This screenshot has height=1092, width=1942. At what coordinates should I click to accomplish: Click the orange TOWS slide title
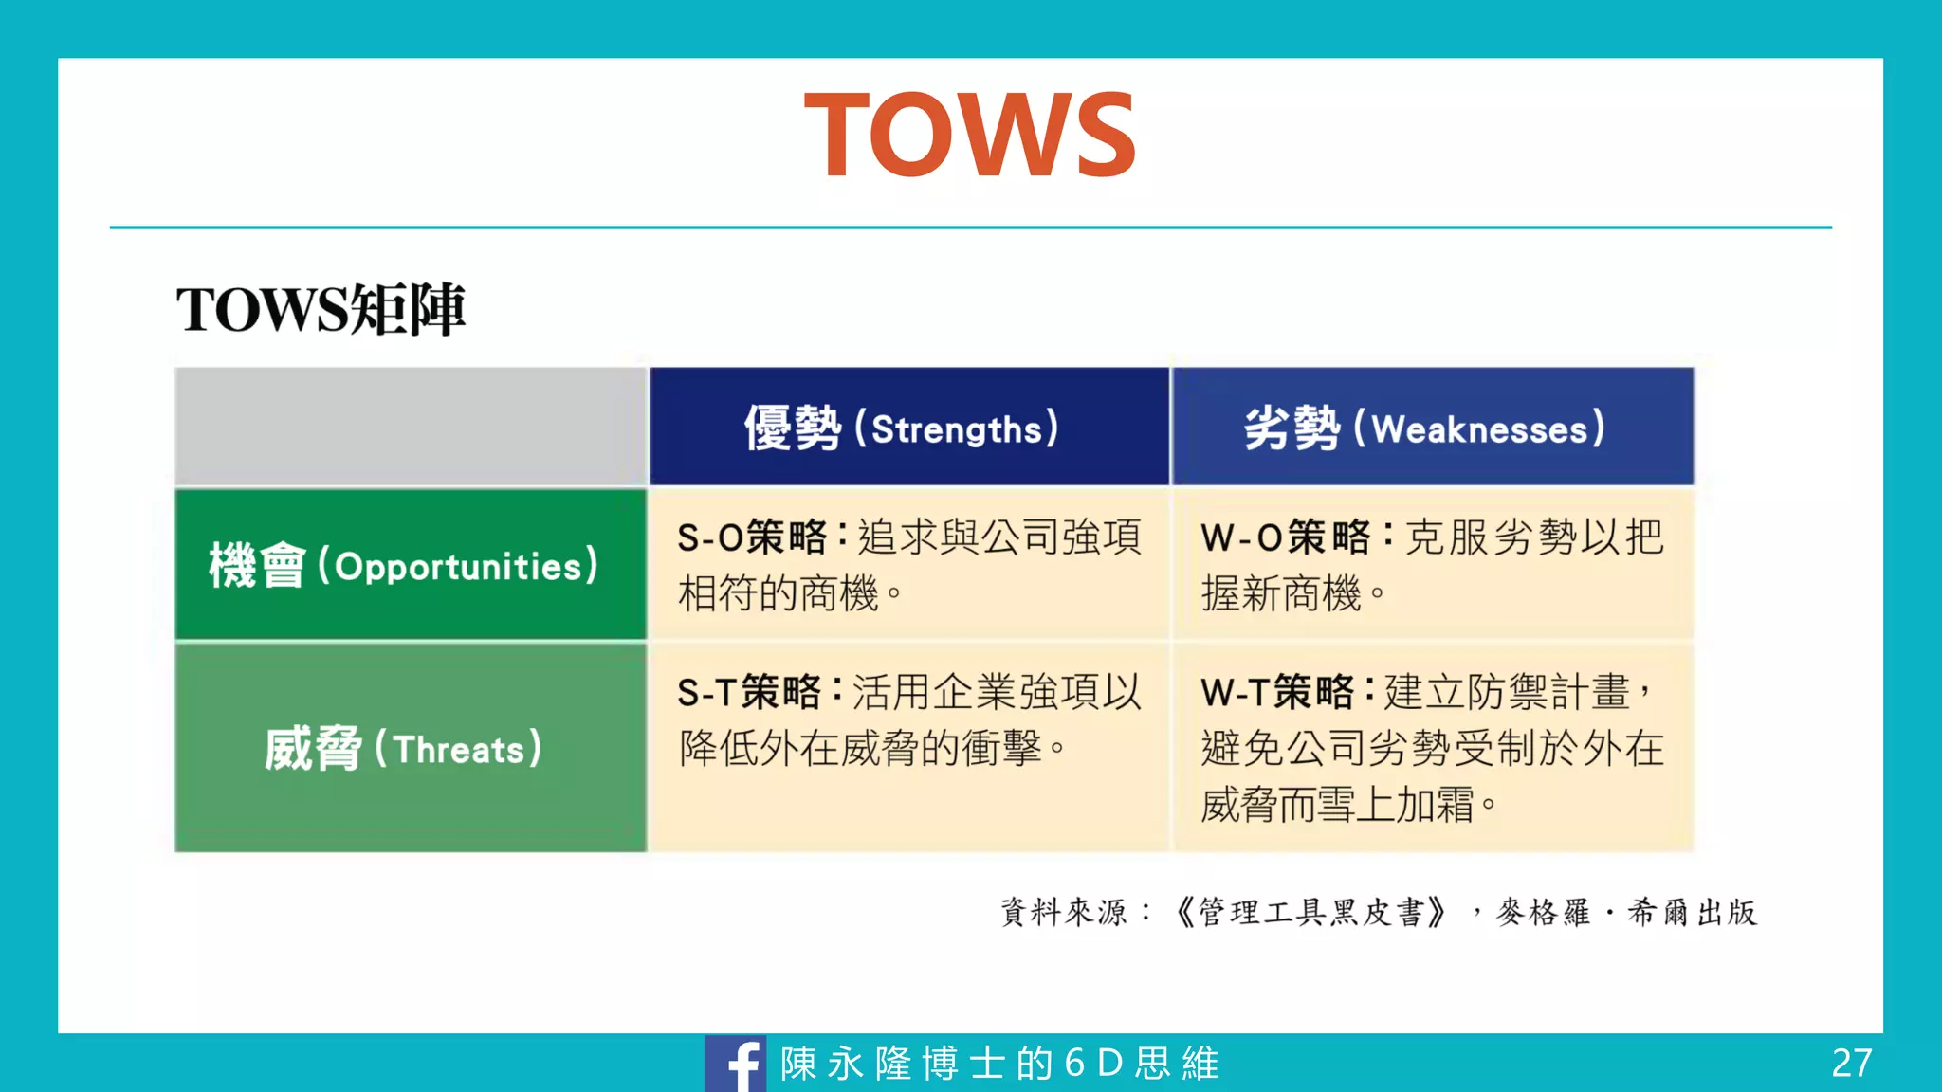969,135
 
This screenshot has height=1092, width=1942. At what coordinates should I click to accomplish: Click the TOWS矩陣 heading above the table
321,309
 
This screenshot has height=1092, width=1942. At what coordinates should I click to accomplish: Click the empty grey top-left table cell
411,427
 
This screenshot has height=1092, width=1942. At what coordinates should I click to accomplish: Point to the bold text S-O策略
752,537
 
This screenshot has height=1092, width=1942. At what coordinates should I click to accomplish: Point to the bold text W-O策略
1285,537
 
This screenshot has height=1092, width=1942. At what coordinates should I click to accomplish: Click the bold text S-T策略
748,692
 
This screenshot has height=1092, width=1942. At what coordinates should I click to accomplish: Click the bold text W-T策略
1277,692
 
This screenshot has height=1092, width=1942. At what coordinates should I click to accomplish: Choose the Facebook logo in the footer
736,1064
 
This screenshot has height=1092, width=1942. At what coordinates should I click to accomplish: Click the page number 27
1851,1064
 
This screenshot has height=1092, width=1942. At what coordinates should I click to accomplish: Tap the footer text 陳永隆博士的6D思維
999,1064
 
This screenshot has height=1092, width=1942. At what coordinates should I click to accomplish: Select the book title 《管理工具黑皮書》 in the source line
1311,912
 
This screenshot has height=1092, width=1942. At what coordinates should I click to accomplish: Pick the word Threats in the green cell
459,750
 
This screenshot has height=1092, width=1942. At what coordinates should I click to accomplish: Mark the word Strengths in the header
956,429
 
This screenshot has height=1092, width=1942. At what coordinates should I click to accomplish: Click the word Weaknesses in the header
1479,429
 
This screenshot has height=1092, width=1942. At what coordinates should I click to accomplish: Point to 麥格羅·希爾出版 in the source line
1626,912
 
